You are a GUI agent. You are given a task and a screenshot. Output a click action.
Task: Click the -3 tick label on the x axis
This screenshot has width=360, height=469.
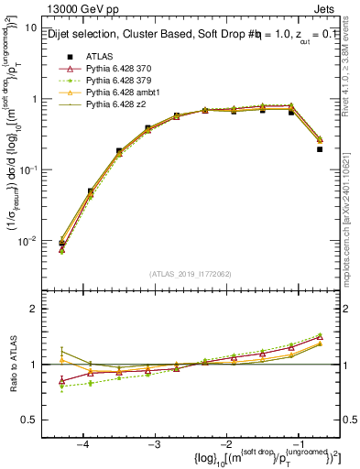(x=154, y=443)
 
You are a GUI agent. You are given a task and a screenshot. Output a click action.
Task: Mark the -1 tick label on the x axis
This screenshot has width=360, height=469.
(x=297, y=443)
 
